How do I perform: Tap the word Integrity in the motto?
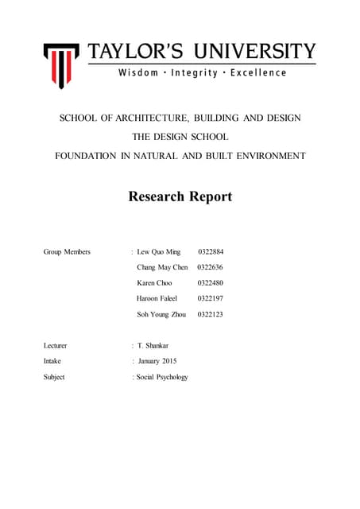pyautogui.click(x=195, y=73)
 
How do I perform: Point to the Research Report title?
pyautogui.click(x=180, y=196)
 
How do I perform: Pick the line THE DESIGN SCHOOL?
pyautogui.click(x=180, y=138)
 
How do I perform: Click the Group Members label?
pyautogui.click(x=67, y=252)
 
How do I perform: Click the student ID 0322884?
pyautogui.click(x=211, y=252)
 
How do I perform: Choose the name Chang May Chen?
pyautogui.click(x=162, y=267)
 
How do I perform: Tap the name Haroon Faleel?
pyautogui.click(x=157, y=299)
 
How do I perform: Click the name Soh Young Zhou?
pyautogui.click(x=161, y=315)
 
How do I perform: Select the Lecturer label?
pyautogui.click(x=56, y=346)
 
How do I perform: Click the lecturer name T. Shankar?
pyautogui.click(x=153, y=346)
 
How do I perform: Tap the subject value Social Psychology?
pyautogui.click(x=162, y=377)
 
